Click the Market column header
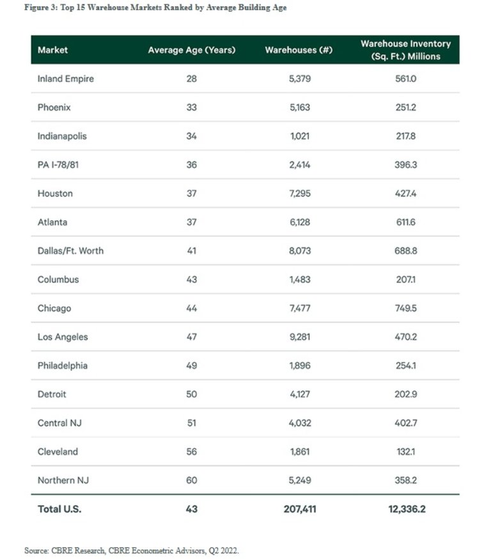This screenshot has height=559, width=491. [52, 50]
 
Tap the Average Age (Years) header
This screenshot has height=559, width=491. [191, 50]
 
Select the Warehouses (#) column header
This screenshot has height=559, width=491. [299, 50]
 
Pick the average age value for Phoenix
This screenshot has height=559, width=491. [191, 107]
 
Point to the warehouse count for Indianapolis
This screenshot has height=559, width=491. [299, 136]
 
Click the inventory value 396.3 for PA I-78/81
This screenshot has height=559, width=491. [405, 165]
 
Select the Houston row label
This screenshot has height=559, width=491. [55, 194]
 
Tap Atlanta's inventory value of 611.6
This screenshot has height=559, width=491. [405, 222]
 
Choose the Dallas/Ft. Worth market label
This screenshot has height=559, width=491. [70, 251]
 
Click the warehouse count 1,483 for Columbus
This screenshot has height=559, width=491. [299, 280]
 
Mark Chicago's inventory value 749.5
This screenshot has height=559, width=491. [405, 309]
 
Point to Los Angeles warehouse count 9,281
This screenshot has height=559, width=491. [299, 337]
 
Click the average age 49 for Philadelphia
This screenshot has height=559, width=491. [191, 365]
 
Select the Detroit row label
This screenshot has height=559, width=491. [52, 394]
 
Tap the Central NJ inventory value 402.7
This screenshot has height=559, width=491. [405, 423]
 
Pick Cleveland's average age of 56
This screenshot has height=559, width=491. [191, 452]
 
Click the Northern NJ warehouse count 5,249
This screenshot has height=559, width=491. [299, 480]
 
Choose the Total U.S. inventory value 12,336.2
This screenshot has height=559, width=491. [405, 509]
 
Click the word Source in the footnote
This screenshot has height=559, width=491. [36, 550]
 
